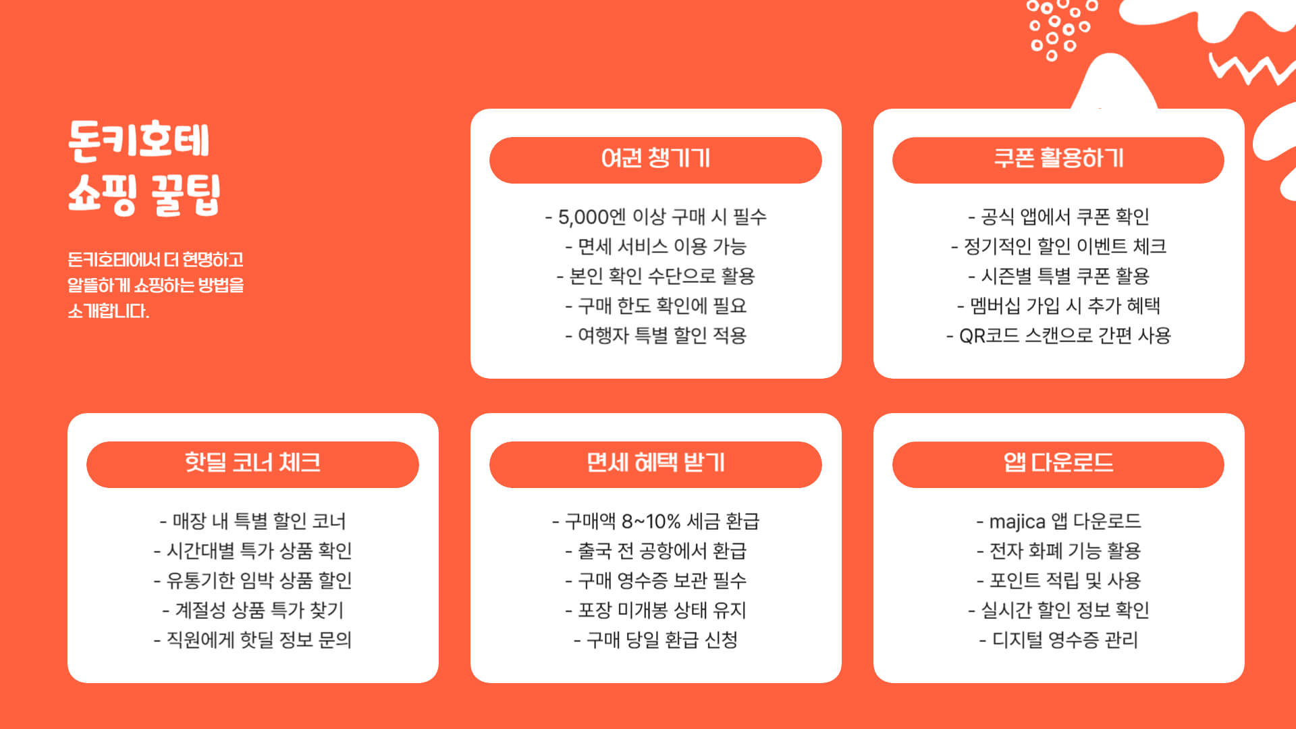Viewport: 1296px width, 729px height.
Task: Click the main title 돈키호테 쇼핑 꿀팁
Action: [143, 167]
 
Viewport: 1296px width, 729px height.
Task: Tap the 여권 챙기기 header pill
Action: [655, 160]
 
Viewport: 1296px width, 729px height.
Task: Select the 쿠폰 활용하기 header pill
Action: [1058, 160]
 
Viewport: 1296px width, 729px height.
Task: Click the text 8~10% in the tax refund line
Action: [651, 522]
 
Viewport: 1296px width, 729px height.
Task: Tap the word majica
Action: [1017, 522]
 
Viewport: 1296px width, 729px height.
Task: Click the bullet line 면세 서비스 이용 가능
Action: [655, 247]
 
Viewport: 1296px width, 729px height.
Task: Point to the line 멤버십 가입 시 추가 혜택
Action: [1058, 306]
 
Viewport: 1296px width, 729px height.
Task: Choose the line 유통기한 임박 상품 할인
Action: [252, 581]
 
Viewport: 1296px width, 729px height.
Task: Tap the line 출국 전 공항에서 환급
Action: [655, 551]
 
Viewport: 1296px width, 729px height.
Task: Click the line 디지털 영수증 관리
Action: [1058, 640]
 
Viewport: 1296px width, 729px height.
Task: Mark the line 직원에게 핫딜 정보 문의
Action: [252, 640]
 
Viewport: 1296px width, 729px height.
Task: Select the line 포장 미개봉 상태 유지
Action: [655, 611]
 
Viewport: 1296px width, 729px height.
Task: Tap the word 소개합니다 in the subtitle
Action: [108, 311]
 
